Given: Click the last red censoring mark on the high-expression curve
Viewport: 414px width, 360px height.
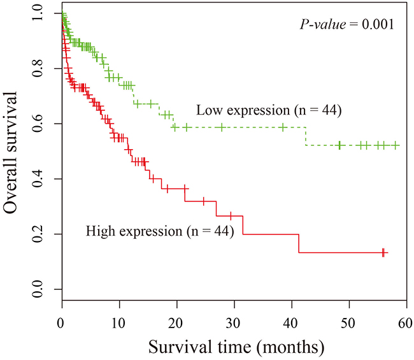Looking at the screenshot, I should [383, 252].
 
